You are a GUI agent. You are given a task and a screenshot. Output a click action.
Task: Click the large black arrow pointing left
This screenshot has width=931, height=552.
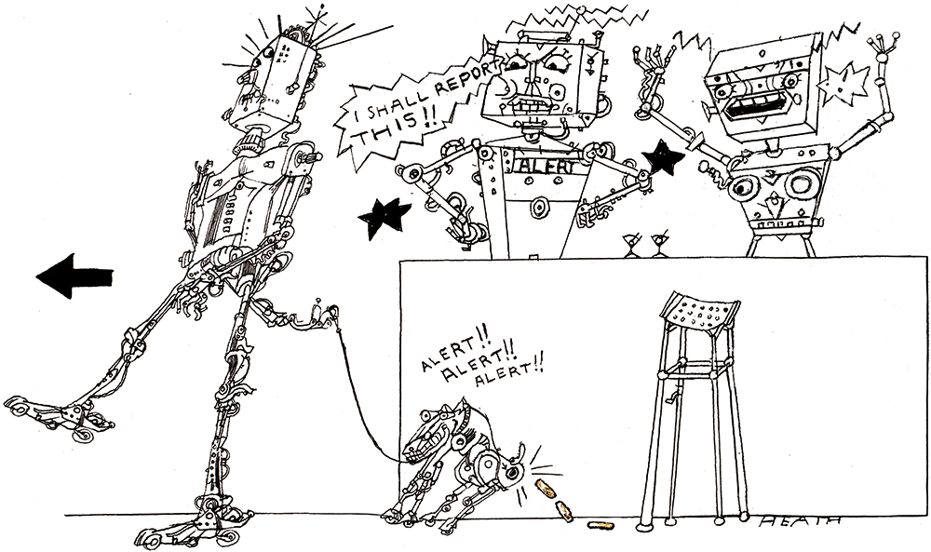coord(74,276)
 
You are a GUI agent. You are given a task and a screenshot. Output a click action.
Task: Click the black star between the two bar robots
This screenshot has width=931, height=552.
coord(663,158)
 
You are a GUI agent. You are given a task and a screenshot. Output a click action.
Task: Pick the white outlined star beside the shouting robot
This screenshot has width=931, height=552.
coord(843,84)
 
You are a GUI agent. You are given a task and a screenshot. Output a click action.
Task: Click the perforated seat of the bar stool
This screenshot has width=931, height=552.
coord(701,311)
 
